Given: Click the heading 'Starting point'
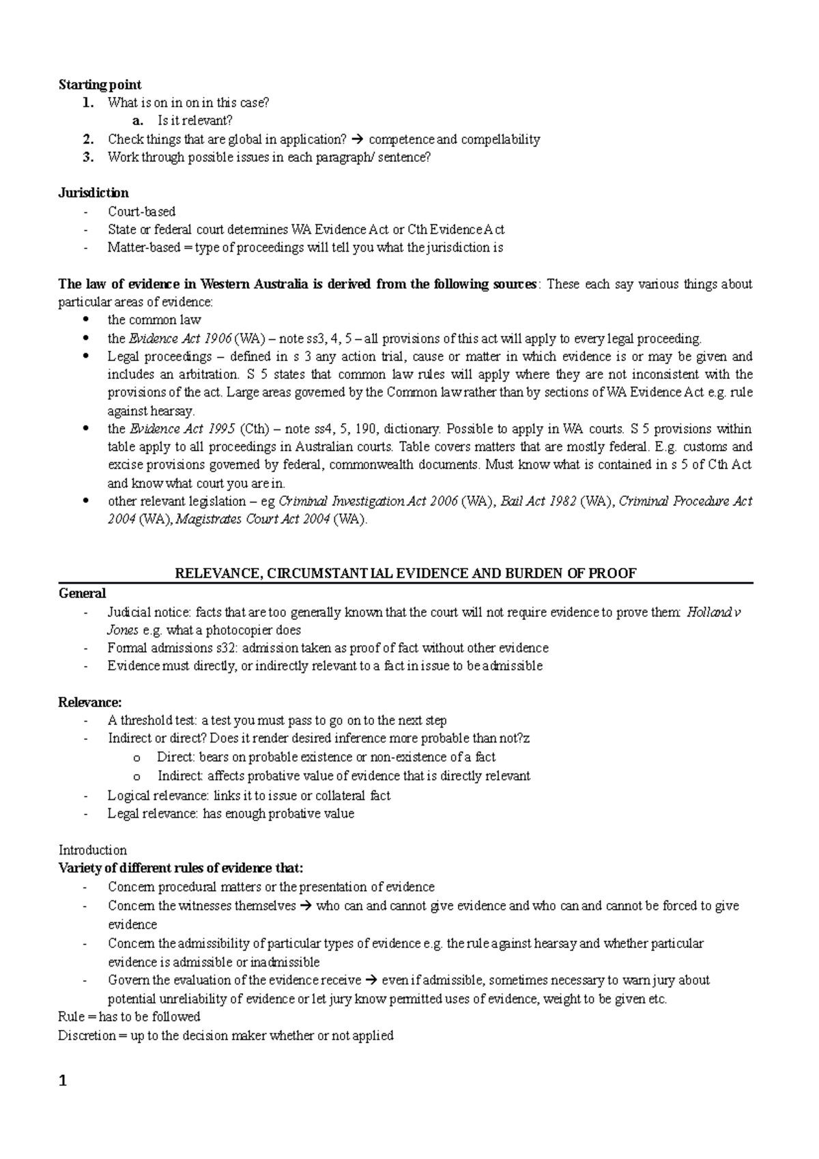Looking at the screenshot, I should point(100,85).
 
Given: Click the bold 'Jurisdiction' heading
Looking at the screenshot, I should point(93,192).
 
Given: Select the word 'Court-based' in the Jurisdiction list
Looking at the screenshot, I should point(141,212).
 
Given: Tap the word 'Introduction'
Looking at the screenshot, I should point(92,850).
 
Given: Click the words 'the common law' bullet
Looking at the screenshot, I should point(154,319).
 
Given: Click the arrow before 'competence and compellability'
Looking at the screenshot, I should point(358,139).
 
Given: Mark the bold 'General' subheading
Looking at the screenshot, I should point(82,593).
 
